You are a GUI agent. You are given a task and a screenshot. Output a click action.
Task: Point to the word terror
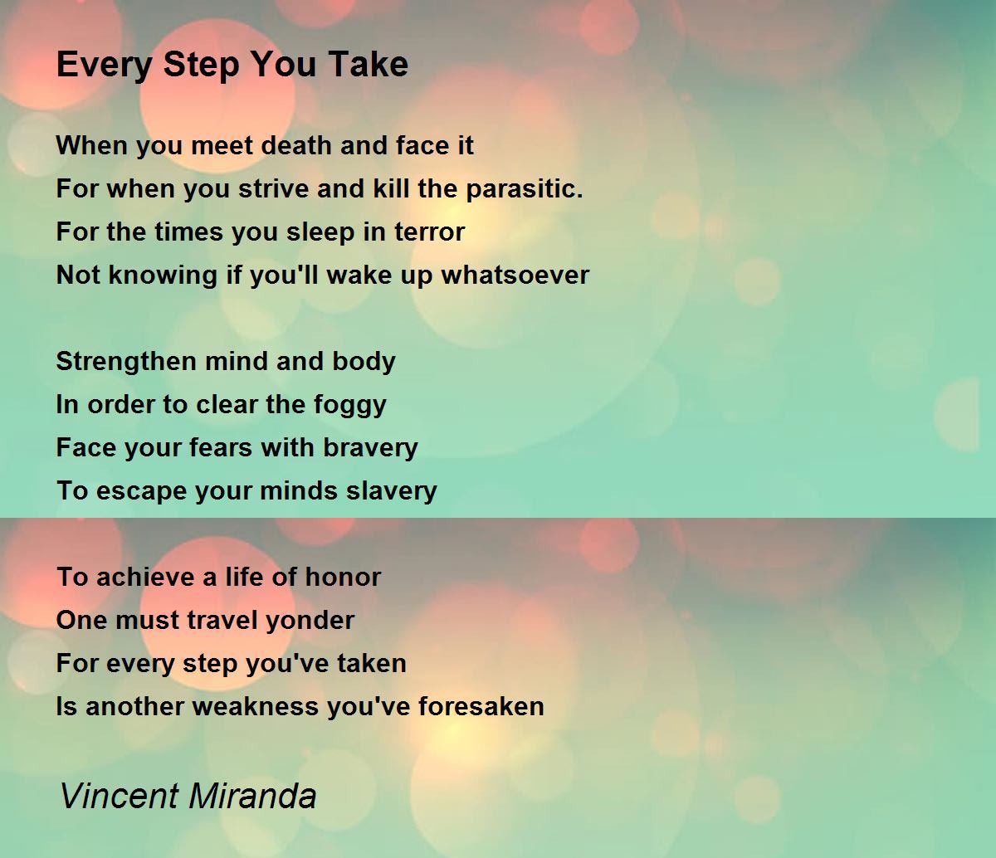tap(429, 232)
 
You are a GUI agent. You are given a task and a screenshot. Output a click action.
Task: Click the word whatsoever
tap(515, 275)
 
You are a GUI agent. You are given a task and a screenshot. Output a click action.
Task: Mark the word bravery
tap(370, 449)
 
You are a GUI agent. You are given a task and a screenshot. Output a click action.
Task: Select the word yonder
tap(310, 622)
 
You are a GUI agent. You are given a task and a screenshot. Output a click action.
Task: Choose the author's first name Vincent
tap(119, 796)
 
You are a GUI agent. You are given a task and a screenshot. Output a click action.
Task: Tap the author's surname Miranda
tap(252, 796)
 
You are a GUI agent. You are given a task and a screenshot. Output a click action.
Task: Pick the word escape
tap(142, 492)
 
